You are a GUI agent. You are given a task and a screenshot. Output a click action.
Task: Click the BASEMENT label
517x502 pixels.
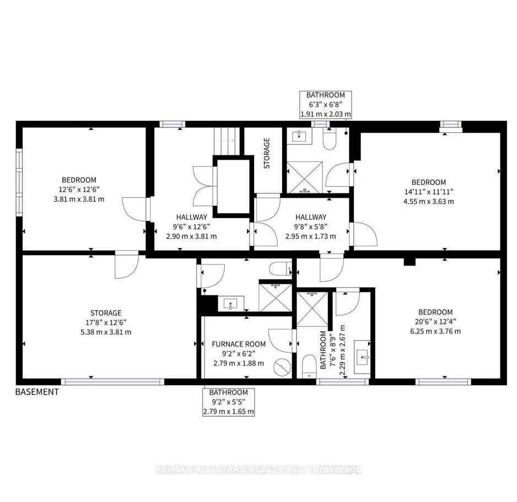coord(36,392)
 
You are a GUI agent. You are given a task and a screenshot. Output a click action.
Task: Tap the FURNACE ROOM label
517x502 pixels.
coord(239,344)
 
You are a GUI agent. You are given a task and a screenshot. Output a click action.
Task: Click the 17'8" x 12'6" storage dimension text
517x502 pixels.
coord(106,322)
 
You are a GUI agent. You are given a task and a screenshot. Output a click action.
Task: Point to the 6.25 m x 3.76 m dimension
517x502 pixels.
coord(435,331)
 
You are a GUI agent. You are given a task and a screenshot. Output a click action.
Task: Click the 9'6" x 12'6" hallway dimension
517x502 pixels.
coord(192,226)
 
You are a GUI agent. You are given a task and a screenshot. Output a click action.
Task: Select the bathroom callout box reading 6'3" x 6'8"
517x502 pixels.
coord(325,105)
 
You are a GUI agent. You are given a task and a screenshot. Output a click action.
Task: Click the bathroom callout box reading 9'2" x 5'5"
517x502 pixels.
coord(228,402)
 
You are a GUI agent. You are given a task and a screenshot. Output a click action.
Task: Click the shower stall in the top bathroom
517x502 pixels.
coord(304,176)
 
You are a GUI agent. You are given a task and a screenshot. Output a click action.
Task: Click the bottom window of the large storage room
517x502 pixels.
coord(112,381)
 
